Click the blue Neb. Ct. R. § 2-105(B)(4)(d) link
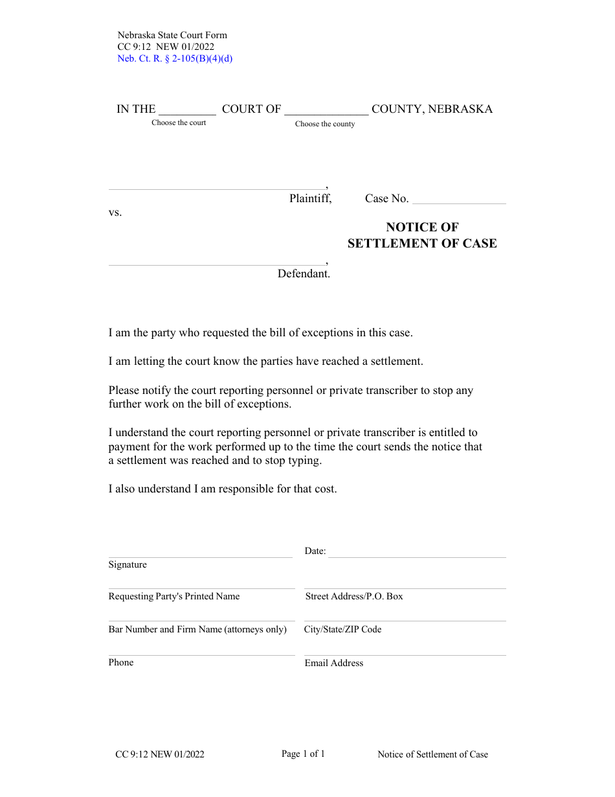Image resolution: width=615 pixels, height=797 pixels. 175,58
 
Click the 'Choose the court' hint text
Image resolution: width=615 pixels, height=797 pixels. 179,122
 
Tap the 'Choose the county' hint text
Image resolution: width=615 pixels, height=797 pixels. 325,124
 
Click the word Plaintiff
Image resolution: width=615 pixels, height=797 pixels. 310,199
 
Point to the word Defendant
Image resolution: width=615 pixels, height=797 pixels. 304,273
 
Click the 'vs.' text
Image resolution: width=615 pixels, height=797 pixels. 115,213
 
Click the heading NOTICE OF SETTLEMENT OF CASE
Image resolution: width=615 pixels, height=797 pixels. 422,235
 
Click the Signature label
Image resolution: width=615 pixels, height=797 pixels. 128,564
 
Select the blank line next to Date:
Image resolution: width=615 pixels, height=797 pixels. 417,552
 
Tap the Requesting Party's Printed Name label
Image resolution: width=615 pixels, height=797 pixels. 174,596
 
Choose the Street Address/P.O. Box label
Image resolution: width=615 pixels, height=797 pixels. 354,596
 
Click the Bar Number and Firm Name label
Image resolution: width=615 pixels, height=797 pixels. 197,629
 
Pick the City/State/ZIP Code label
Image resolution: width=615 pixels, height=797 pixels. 343,629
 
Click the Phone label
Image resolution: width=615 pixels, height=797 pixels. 121,662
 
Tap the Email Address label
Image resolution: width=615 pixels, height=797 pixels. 334,663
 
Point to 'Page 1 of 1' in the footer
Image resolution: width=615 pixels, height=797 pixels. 303,754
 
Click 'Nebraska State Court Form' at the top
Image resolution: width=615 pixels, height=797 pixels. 172,35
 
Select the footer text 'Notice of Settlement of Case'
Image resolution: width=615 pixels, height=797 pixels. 433,754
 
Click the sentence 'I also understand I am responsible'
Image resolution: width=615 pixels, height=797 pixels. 223,489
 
